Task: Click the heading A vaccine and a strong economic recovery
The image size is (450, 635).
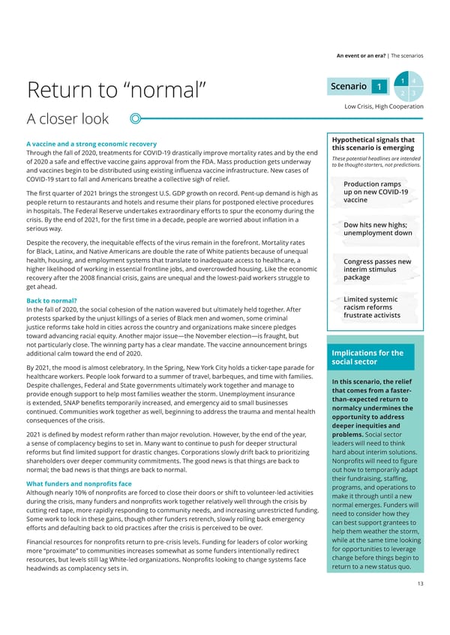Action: [91, 144]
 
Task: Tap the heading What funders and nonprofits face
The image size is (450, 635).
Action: [79, 484]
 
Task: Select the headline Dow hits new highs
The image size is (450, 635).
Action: [377, 229]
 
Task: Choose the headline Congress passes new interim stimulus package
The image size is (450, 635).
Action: [376, 269]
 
